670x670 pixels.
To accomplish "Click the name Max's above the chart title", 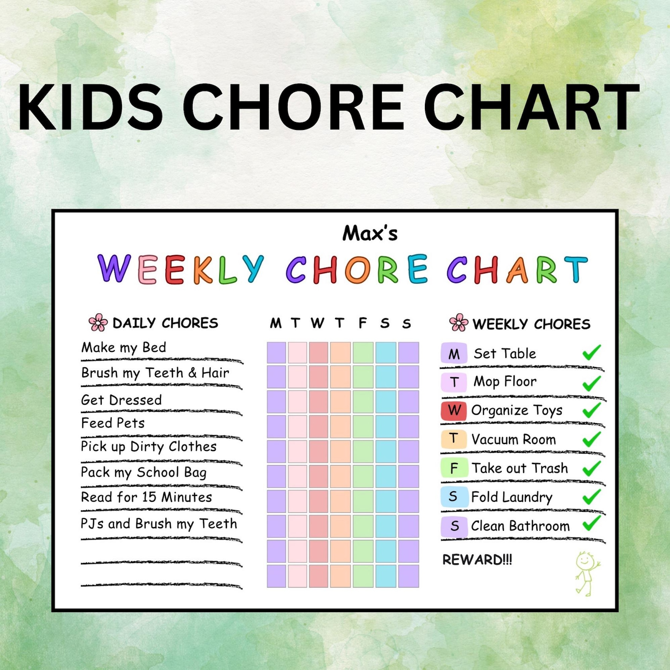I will [370, 233].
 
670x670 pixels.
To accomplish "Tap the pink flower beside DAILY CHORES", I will [98, 322].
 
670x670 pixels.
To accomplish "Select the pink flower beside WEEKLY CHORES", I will [459, 323].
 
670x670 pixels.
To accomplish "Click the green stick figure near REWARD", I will [586, 573].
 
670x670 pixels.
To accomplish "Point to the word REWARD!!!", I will [477, 560].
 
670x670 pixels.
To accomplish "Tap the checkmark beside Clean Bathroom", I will [592, 524].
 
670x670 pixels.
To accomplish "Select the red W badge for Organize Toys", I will [454, 411].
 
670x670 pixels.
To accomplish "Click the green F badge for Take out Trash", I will [454, 468].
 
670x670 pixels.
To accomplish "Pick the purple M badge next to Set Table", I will [454, 354].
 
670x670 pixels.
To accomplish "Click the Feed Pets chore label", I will [113, 423].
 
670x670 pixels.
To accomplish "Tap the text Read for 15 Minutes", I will [146, 497].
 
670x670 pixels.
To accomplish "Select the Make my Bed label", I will [124, 348].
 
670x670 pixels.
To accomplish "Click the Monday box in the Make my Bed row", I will [276, 353].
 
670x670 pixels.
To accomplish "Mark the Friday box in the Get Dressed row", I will [363, 402].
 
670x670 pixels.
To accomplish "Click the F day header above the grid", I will [362, 323].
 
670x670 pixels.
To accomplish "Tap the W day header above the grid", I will [318, 323].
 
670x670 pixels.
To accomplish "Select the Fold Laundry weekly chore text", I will [511, 497].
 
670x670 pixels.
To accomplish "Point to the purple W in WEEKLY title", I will [113, 268].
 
